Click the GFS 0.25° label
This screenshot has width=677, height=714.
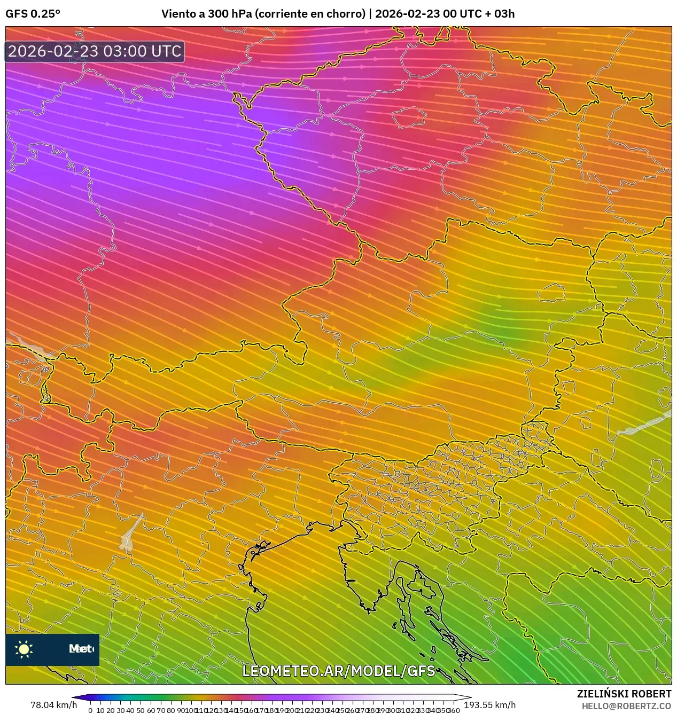(33, 14)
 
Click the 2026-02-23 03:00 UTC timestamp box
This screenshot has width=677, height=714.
(95, 51)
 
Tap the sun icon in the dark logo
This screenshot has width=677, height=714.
(24, 649)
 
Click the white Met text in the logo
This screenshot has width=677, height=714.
(80, 649)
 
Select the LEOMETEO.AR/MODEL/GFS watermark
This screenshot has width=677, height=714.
(339, 671)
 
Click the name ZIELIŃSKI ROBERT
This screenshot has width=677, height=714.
(624, 694)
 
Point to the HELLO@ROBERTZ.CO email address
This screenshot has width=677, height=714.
(626, 706)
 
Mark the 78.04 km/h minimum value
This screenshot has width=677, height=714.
(53, 705)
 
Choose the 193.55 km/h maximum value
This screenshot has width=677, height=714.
(489, 705)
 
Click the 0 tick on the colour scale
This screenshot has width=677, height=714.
(90, 710)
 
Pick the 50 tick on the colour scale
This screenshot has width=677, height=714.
(141, 710)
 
